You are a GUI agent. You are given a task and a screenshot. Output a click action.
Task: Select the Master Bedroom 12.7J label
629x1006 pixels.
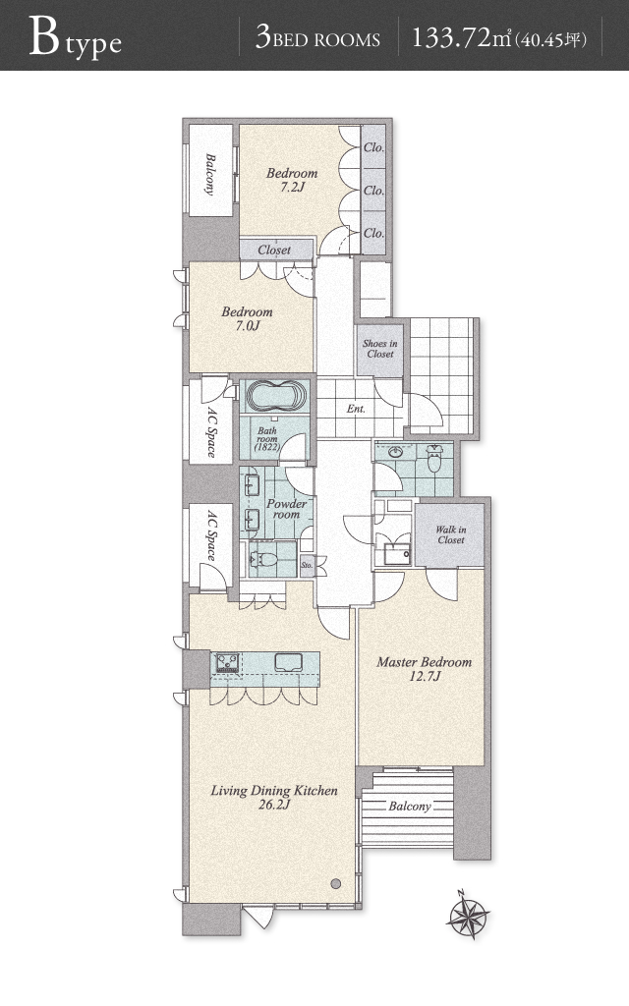[425, 668]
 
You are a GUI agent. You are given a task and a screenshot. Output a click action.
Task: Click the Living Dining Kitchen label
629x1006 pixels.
[274, 797]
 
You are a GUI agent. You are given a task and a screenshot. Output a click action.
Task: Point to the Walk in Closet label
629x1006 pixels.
[450, 534]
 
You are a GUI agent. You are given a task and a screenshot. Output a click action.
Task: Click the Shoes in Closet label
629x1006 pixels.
[380, 349]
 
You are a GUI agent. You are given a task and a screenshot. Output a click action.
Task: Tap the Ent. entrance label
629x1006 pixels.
[356, 409]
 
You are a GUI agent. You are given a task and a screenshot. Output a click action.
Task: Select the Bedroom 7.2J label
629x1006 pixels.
[292, 180]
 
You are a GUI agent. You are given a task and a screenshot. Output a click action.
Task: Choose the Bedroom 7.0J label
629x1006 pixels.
[247, 318]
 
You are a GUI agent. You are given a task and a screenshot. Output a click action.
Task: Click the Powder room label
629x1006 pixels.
[286, 509]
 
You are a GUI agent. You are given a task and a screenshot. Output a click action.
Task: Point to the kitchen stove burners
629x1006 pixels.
[227, 661]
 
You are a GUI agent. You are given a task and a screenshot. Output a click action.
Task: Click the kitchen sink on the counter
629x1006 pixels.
[290, 661]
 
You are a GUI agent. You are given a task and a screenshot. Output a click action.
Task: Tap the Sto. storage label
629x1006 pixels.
[307, 565]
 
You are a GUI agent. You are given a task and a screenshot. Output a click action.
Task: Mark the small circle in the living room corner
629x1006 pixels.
[336, 883]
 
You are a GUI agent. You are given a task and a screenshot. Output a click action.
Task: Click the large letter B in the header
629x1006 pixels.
[43, 36]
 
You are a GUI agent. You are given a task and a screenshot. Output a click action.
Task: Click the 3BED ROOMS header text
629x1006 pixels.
[317, 38]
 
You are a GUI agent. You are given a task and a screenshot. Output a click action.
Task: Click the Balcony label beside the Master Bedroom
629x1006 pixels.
[410, 806]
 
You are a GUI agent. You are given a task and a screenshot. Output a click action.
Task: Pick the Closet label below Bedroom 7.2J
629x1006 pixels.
[274, 250]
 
